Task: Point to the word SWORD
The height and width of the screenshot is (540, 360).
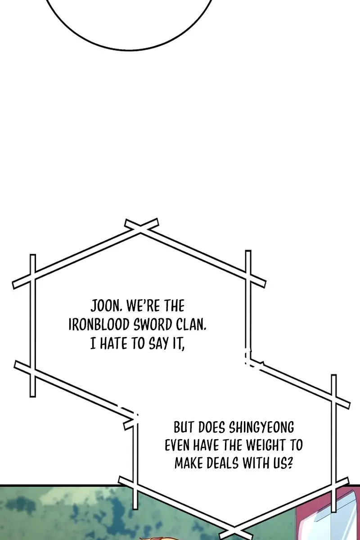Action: coord(153,325)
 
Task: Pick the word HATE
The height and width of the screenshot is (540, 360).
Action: coord(113,343)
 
